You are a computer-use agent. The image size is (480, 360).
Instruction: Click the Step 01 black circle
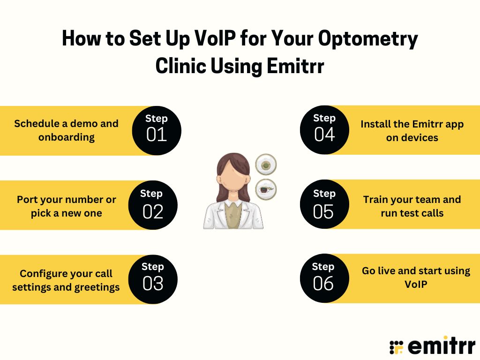[156, 130]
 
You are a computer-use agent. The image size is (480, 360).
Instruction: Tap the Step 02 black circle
[153, 205]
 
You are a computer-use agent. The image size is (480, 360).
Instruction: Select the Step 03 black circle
[153, 279]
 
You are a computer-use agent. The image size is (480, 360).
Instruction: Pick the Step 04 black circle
[324, 130]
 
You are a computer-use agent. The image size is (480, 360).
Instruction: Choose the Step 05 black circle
[323, 205]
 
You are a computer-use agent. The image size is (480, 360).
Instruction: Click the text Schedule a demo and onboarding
[66, 130]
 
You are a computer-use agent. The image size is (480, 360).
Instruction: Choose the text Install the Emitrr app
[412, 124]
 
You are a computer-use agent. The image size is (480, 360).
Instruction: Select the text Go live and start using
[416, 271]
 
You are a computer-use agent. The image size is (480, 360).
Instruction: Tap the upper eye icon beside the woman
[266, 165]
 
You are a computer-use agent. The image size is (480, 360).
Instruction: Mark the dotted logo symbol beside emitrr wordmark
[397, 347]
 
